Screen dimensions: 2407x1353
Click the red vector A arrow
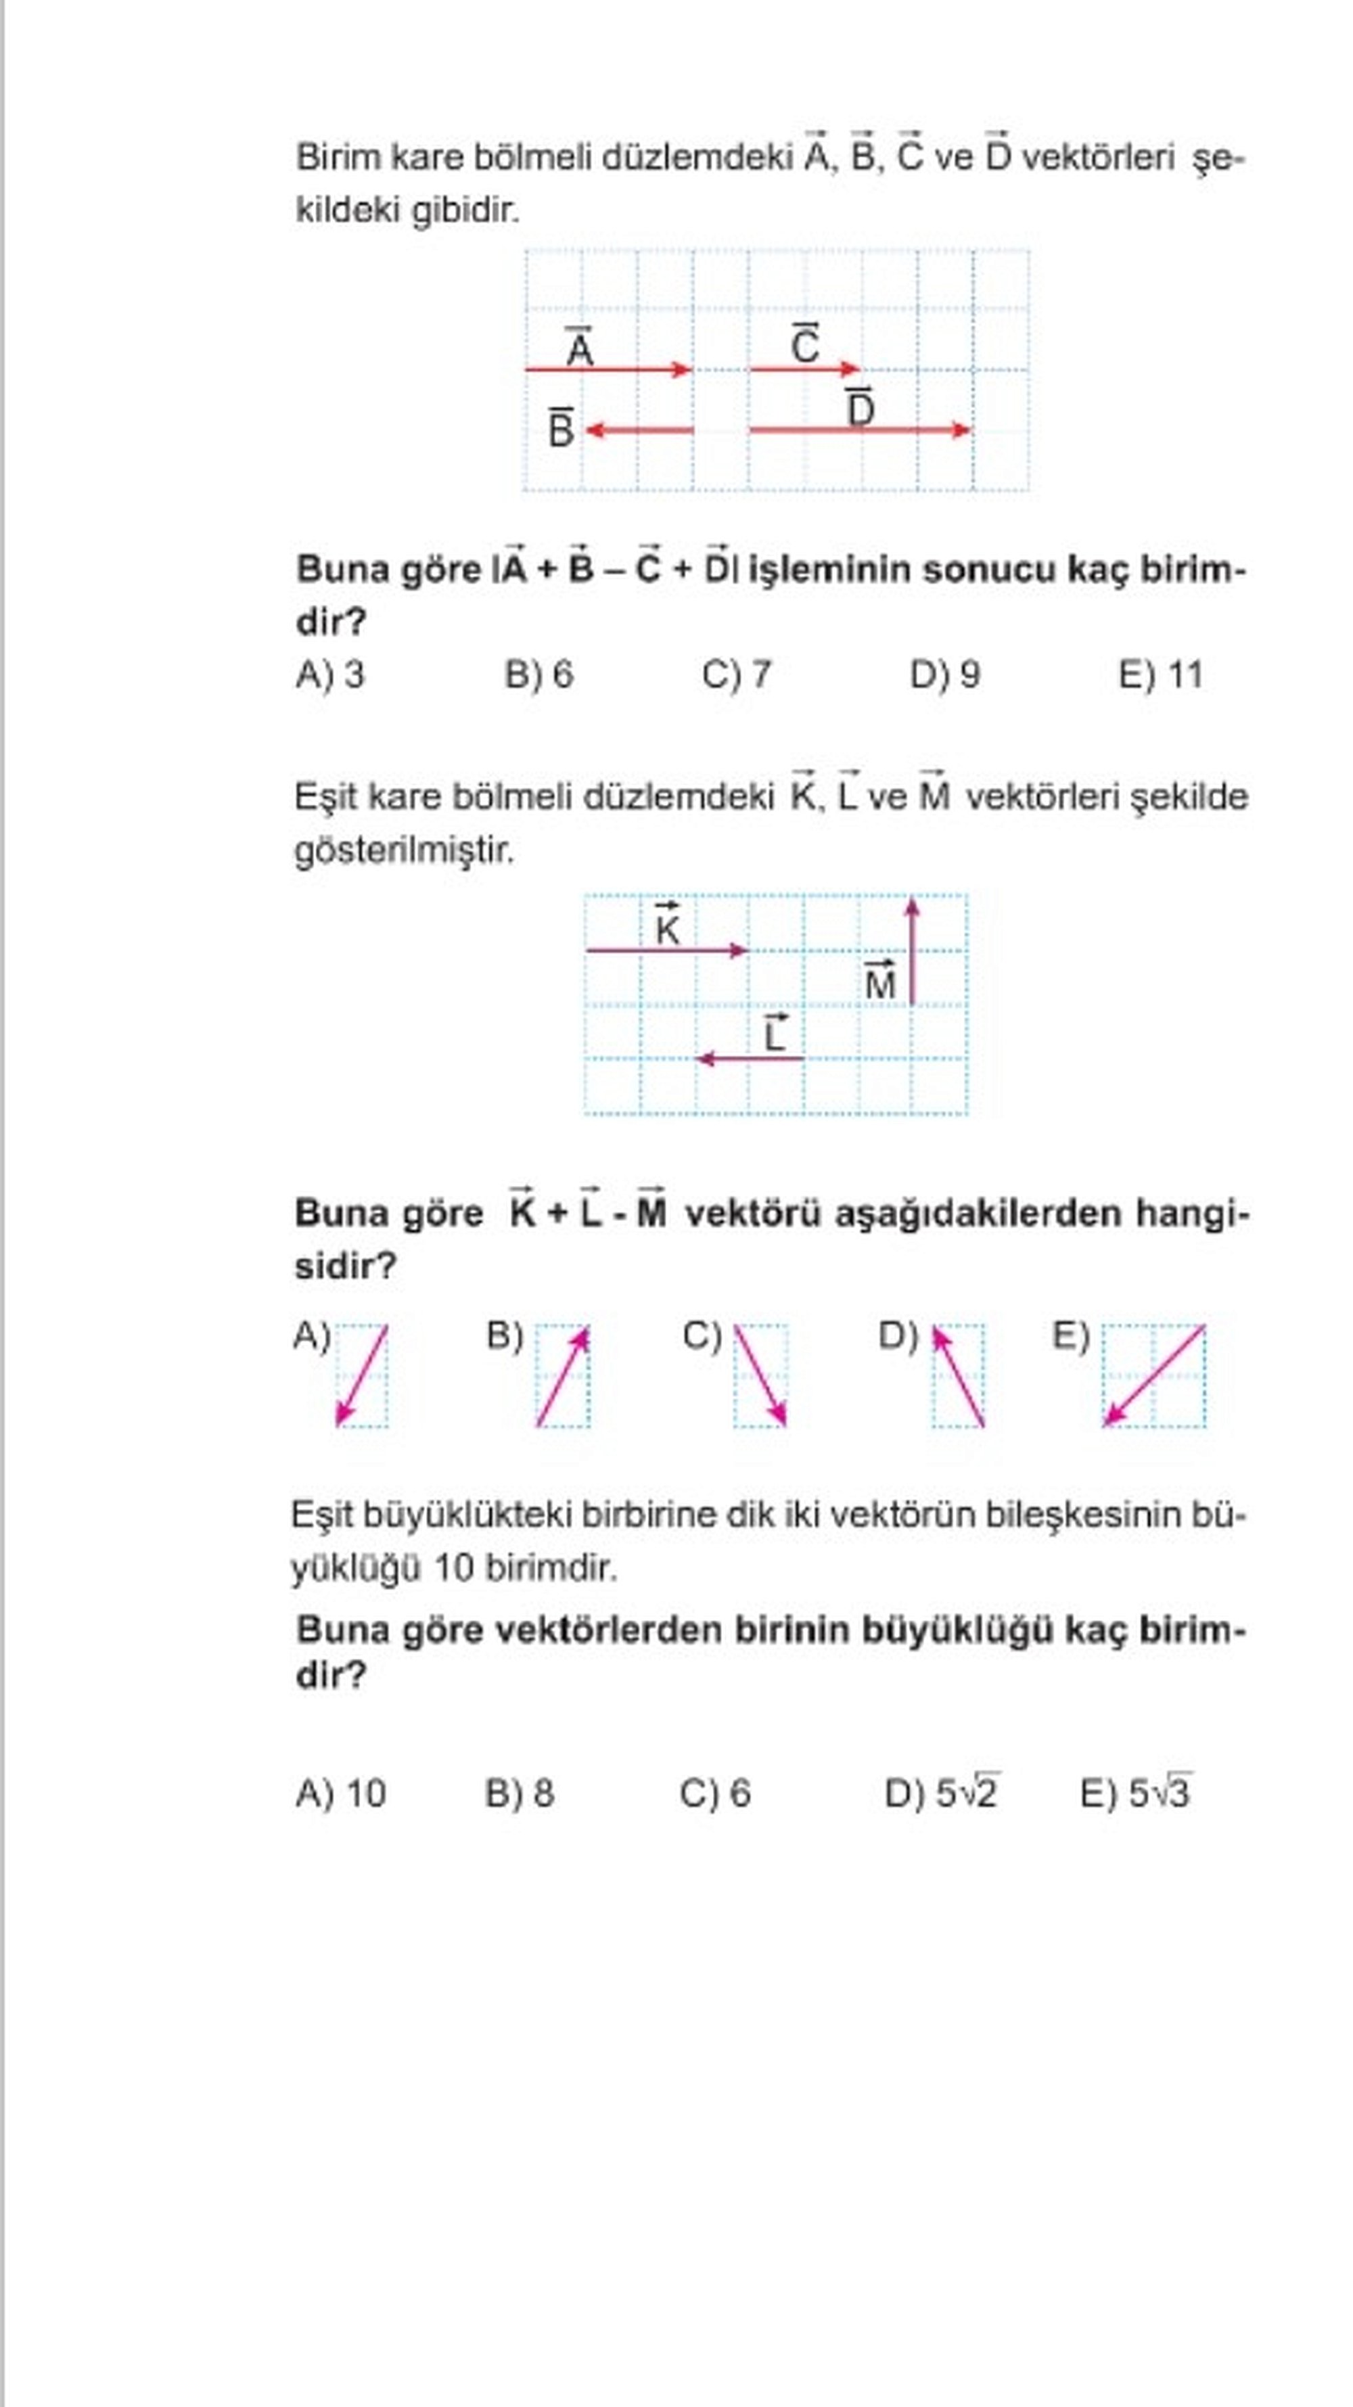607,369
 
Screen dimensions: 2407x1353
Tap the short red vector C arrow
804,369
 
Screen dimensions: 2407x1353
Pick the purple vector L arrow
750,1059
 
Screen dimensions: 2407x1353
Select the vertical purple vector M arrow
912,951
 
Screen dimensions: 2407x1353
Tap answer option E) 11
1160,674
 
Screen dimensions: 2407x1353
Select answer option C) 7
736,674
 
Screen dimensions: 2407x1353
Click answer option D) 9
944,674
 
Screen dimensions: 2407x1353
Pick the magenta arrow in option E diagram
1154,1375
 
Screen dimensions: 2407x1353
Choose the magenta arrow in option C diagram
760,1375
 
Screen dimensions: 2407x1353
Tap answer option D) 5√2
942,1793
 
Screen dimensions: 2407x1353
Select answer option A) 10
341,1793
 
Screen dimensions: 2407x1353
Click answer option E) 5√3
1135,1793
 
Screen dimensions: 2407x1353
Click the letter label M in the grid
880,983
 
